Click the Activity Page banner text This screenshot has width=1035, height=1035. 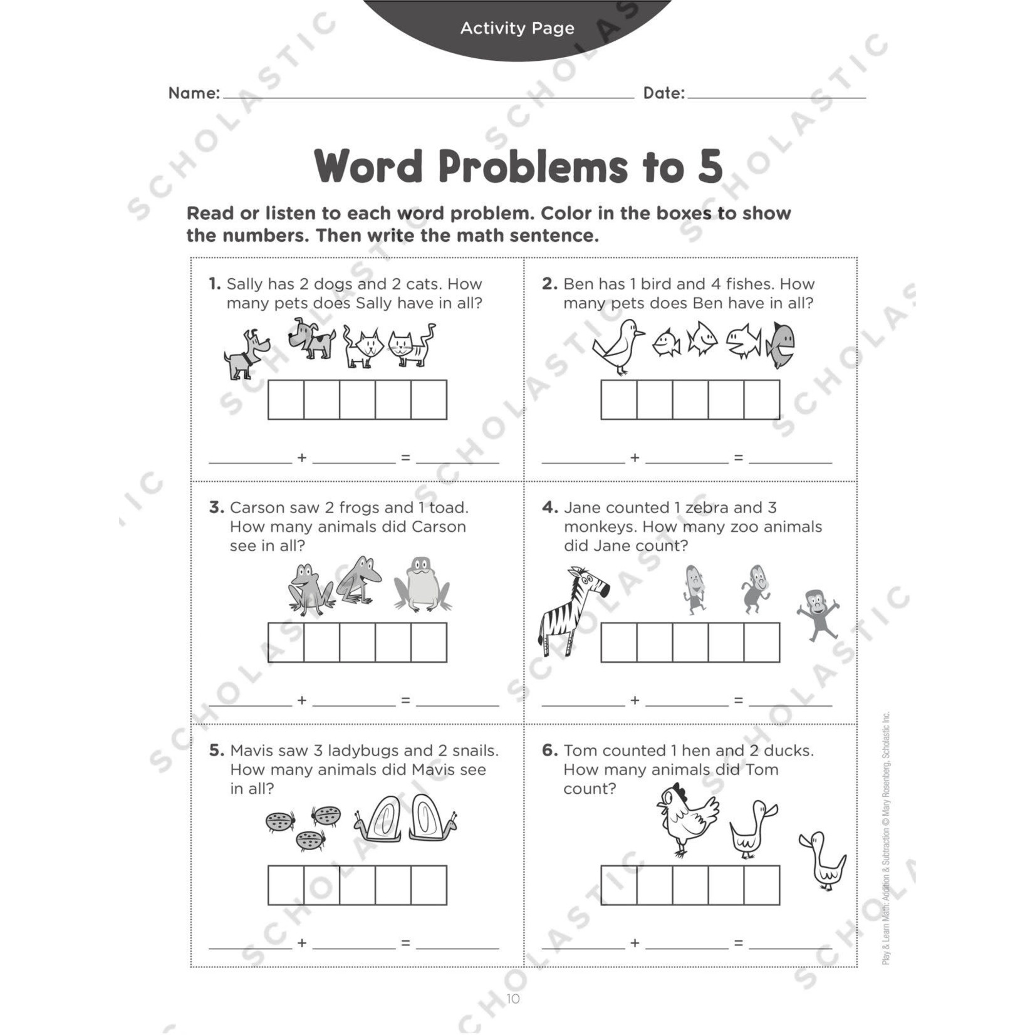coord(517,28)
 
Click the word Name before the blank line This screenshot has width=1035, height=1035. coord(193,93)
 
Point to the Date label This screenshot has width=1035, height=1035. coord(663,93)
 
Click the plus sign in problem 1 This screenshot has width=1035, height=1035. coord(302,458)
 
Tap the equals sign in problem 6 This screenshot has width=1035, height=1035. coord(739,943)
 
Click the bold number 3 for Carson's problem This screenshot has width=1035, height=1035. coord(216,507)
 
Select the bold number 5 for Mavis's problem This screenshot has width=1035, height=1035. coord(216,751)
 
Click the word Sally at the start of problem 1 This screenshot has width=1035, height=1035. coord(245,284)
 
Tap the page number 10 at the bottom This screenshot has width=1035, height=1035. coord(513,999)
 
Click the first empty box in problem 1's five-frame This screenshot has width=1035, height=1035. coord(286,399)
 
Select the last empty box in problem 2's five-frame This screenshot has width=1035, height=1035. coord(762,399)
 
